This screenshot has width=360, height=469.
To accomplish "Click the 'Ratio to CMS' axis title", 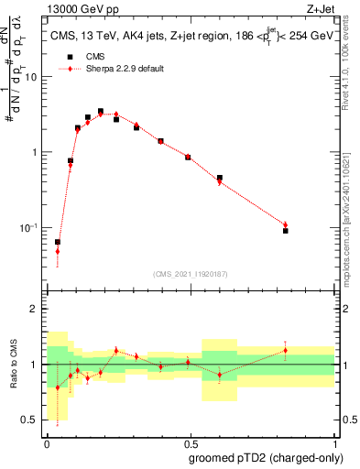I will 14,365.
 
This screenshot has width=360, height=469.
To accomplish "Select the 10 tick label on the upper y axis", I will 30,77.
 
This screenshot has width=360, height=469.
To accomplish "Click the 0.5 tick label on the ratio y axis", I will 31,420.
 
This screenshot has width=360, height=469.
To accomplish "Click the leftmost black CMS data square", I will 58,242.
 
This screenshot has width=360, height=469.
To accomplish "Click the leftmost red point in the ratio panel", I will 58,387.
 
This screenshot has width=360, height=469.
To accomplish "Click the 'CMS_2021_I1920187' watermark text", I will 190,273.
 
